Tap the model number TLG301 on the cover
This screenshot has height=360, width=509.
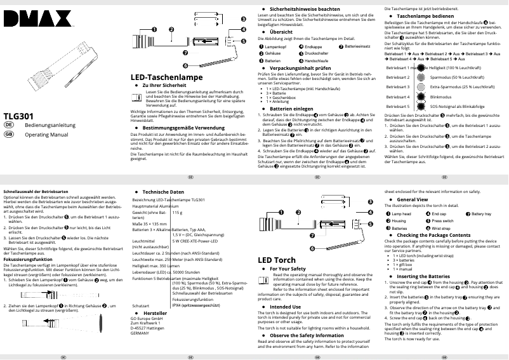click(x=18, y=117)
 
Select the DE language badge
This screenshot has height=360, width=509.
click(x=9, y=126)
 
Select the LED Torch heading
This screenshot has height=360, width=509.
click(x=276, y=260)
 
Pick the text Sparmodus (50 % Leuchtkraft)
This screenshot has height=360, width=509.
click(x=453, y=77)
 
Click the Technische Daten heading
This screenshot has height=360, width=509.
click(x=163, y=192)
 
